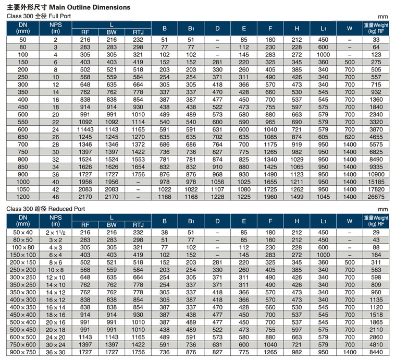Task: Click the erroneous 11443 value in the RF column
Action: point(85,129)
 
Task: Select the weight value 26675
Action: point(376,197)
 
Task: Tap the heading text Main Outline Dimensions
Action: point(90,7)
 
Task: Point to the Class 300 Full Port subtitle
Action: point(39,16)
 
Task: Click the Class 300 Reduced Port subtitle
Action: point(45,209)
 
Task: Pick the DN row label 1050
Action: point(23,189)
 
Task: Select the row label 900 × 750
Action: point(23,352)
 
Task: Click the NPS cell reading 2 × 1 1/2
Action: point(55,233)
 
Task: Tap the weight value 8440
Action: point(376,352)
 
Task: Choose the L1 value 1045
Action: point(323,197)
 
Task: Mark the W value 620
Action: point(350,137)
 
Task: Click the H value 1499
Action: point(297,197)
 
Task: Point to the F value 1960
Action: point(270,197)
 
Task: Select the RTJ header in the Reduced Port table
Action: point(138,225)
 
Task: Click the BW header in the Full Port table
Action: point(112,32)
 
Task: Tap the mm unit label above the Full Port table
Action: point(382,17)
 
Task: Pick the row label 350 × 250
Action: point(23,285)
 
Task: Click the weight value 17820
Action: point(376,189)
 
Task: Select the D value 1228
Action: point(217,197)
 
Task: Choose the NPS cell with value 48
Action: point(55,197)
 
